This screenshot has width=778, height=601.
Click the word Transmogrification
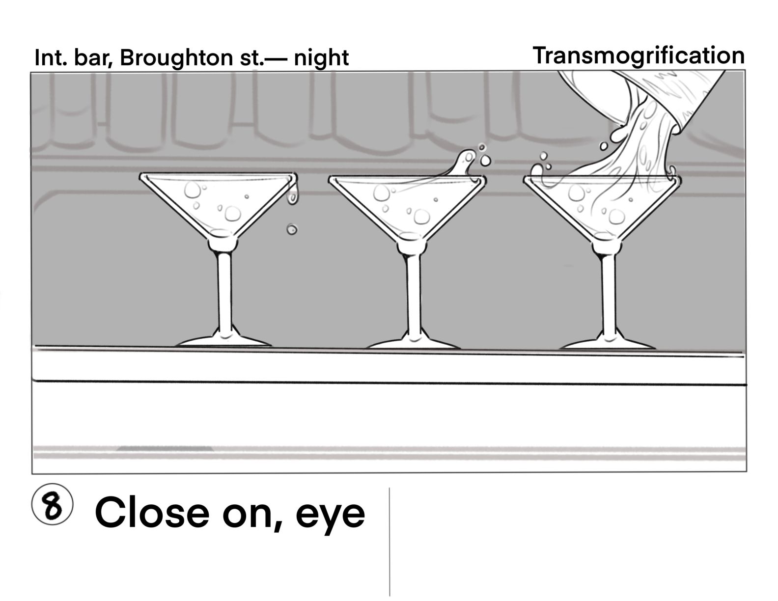[x=639, y=55]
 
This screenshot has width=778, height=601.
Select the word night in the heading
[x=321, y=58]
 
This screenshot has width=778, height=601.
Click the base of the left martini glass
[x=223, y=341]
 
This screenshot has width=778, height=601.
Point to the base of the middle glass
[x=414, y=342]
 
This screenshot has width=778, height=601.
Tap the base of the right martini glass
[x=608, y=342]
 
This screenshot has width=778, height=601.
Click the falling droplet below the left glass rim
[x=292, y=229]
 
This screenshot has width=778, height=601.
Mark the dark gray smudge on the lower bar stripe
[x=165, y=448]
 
